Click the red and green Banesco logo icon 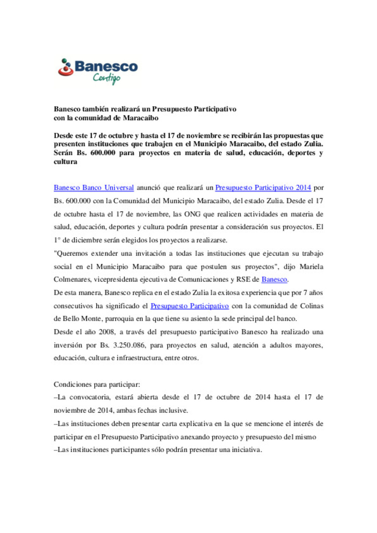65,67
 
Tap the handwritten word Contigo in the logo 106,78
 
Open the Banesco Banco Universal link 94,188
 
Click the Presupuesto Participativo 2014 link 263,188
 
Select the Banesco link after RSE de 274,279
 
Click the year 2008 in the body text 106,332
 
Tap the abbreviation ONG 192,214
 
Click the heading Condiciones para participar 97,384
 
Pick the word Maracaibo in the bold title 141,118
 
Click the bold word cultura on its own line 65,162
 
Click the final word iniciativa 248,450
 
